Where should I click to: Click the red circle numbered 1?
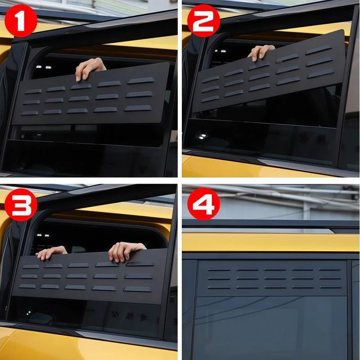point(21,21)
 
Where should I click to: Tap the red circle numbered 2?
point(204,21)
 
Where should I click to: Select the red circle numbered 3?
point(21,205)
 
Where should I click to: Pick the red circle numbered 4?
point(204,204)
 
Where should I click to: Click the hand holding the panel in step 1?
point(90,68)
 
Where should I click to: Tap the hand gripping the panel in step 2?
point(261,52)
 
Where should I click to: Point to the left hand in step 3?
point(51,252)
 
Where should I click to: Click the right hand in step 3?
point(125,252)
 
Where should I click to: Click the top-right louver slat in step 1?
point(141,81)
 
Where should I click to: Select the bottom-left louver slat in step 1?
point(30,113)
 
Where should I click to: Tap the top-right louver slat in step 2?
point(319,50)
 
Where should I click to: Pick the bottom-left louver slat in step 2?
point(210,99)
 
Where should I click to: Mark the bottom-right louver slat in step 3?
point(137,289)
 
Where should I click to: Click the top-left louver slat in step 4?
point(219,270)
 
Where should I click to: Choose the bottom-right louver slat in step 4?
point(331,287)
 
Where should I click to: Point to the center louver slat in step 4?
point(275,278)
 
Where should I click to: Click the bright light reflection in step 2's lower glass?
point(201,136)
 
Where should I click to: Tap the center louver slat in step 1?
point(79,99)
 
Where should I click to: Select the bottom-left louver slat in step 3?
point(27,286)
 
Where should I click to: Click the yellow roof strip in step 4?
point(271,243)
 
